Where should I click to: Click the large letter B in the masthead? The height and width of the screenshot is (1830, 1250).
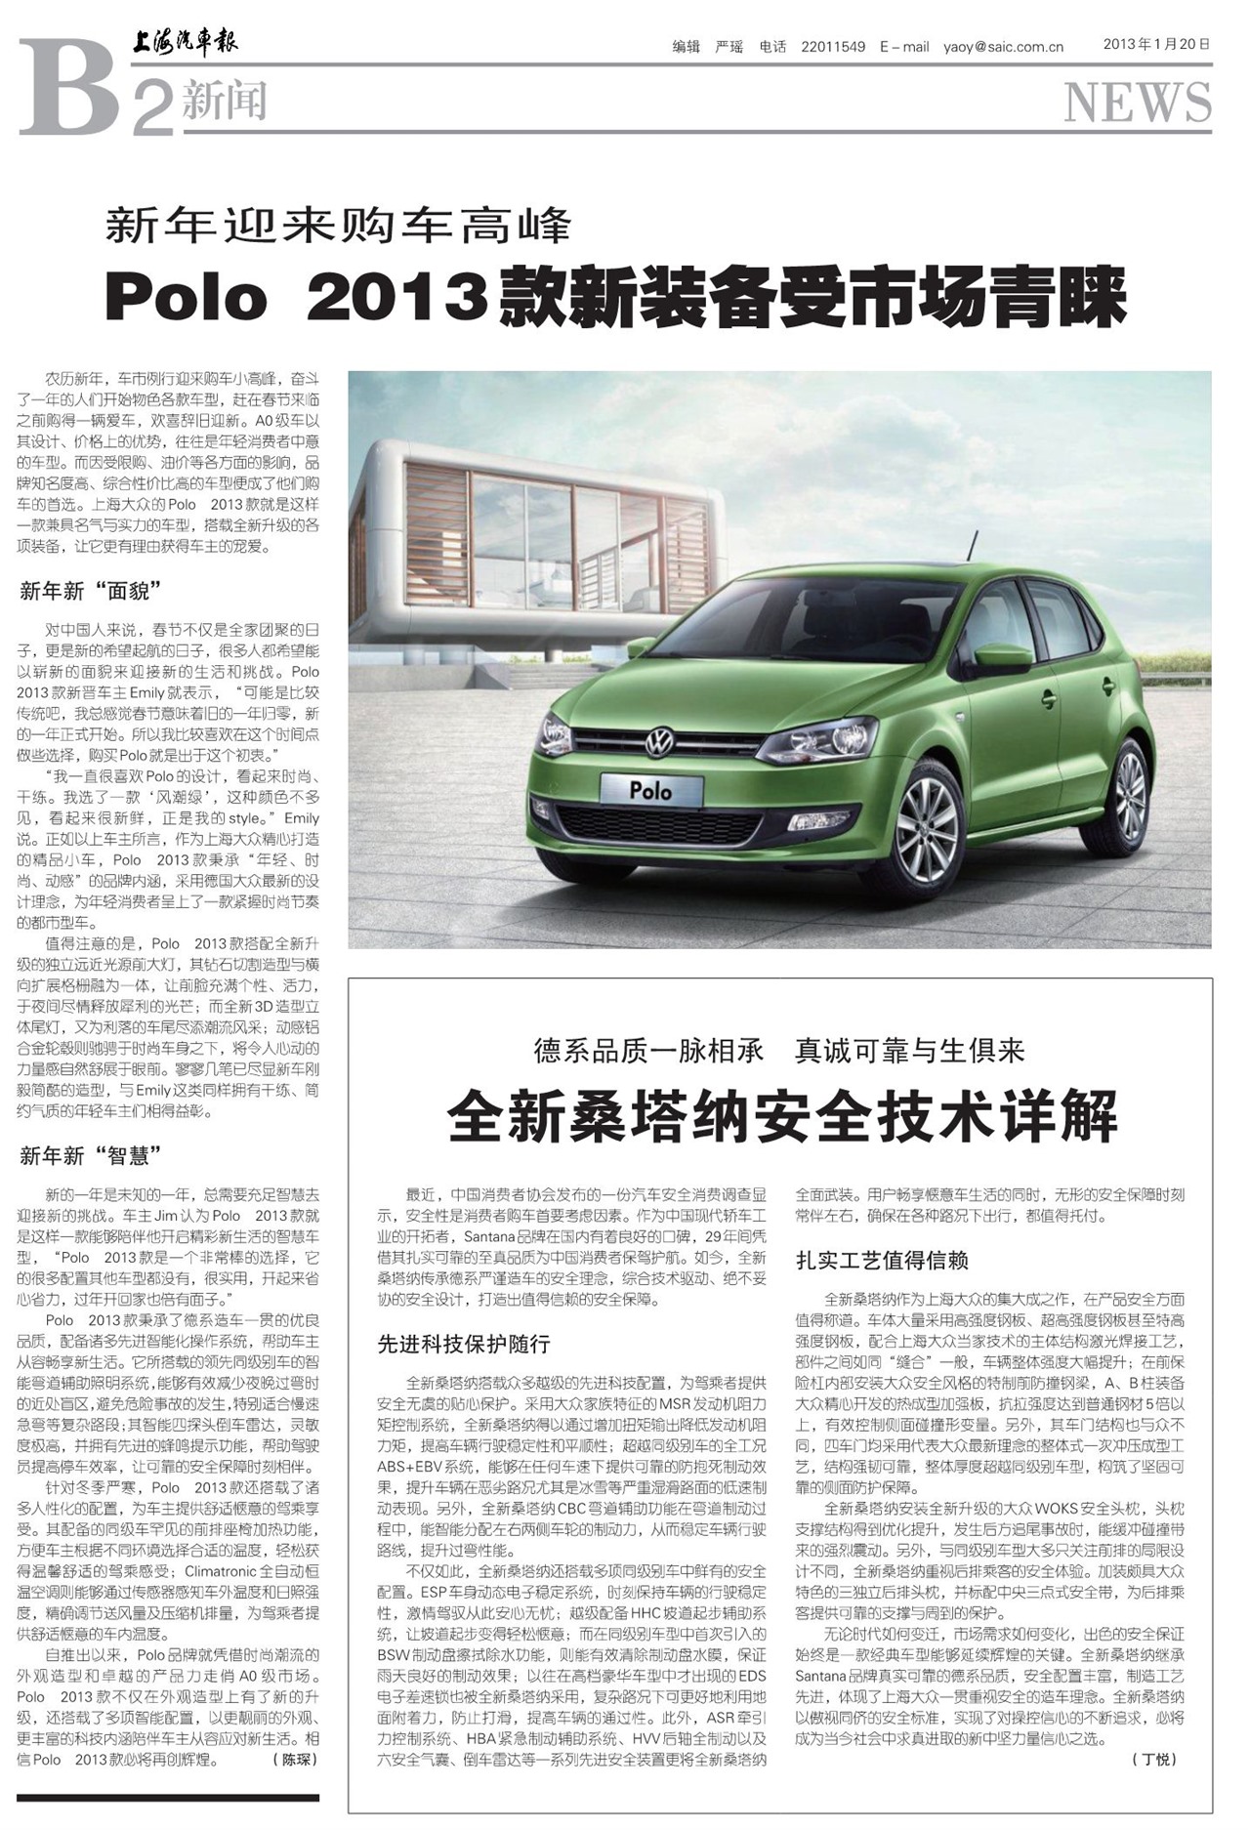68,88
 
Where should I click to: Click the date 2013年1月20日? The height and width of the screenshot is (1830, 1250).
1156,44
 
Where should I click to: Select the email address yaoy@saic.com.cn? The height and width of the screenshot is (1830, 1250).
1003,46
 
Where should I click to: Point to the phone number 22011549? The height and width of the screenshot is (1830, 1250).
832,46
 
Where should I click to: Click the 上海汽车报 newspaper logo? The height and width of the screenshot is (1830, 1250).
186,43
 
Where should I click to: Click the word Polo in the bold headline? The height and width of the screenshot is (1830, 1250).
187,298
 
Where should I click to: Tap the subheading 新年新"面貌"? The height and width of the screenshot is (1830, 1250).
90,591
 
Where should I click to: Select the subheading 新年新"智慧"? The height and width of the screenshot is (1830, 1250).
90,1156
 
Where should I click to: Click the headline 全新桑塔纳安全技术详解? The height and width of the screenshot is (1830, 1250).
781,1116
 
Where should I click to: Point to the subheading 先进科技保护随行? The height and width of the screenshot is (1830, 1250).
464,1344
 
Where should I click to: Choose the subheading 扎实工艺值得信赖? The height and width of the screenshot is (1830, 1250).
882,1260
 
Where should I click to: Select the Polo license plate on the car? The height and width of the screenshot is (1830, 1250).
651,789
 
